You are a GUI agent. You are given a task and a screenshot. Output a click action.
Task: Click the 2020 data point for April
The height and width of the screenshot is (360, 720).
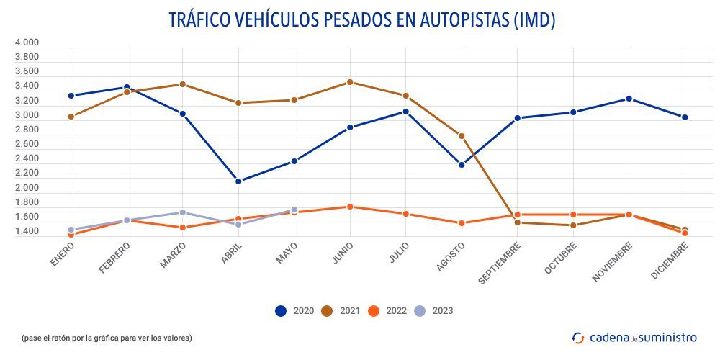tap(238, 181)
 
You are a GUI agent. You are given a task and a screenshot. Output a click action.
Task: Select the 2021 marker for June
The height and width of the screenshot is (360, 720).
tap(350, 82)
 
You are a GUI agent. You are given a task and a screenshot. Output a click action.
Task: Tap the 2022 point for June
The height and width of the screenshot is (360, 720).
tap(350, 207)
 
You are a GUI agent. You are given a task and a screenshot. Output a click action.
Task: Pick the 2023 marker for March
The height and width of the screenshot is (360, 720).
tap(183, 212)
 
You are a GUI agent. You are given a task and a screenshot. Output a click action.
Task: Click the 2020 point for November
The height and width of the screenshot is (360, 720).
tap(629, 99)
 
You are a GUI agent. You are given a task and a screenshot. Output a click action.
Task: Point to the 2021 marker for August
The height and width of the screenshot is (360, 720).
tap(462, 136)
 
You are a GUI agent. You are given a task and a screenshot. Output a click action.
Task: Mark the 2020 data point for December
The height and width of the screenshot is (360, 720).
tap(685, 117)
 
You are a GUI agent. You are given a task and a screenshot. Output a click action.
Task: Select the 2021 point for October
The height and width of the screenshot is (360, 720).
tap(573, 225)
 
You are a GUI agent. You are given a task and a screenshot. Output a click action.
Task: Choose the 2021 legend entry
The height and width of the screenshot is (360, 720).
tap(340, 311)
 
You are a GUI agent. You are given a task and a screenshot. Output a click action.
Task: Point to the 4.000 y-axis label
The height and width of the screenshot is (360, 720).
tap(27, 42)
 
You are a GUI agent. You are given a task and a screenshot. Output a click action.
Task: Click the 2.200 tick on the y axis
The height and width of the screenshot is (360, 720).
tap(27, 174)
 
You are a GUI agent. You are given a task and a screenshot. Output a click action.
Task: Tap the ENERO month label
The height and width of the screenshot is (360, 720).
tap(63, 254)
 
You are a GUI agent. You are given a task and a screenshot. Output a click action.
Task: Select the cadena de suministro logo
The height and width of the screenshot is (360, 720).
tap(634, 337)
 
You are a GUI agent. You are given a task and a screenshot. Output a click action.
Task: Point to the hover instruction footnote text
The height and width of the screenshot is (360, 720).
tap(107, 337)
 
